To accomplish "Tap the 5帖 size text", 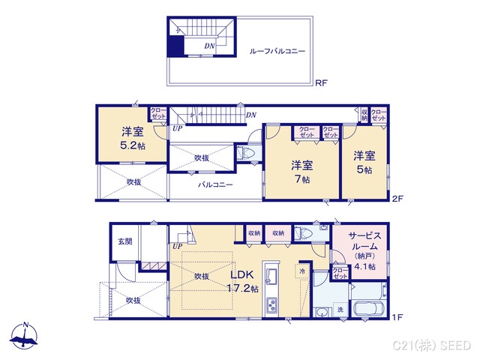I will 364,169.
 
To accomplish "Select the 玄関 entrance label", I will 124,241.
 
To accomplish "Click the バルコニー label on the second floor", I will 214,184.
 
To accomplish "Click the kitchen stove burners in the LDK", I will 271,304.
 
